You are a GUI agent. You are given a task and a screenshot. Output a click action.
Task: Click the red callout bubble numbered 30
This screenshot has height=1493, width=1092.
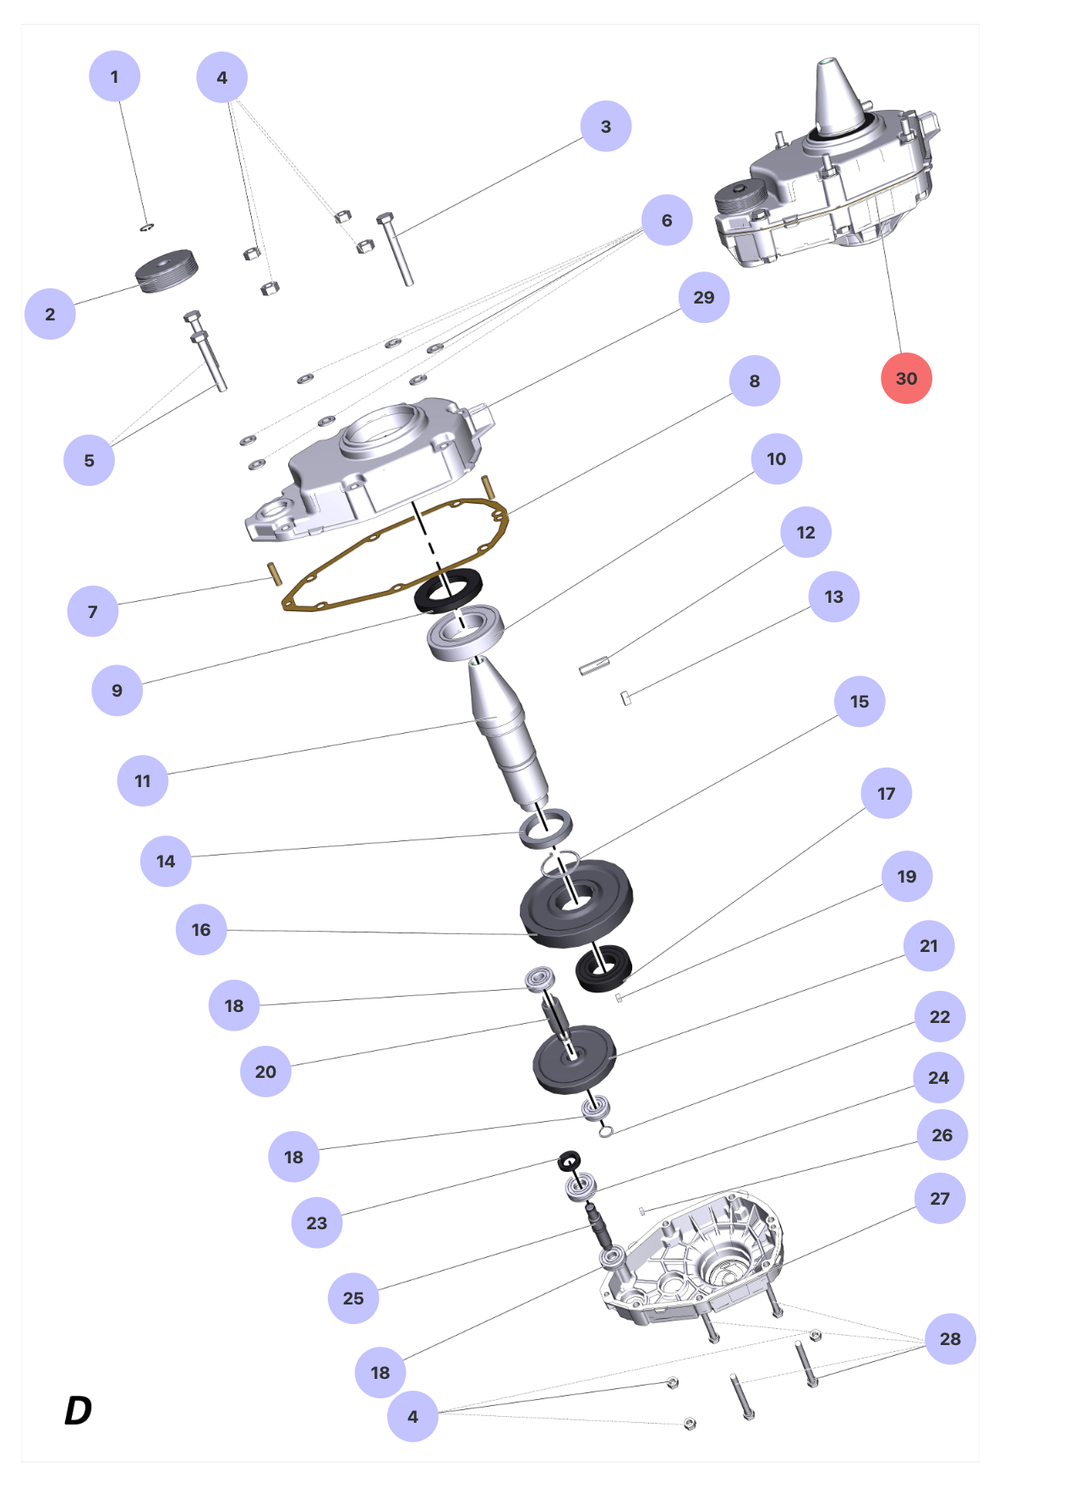906,379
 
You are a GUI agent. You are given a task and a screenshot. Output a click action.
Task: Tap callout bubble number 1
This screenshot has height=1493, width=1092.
114,77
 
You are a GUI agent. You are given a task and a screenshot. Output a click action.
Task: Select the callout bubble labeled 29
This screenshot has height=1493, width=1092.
703,298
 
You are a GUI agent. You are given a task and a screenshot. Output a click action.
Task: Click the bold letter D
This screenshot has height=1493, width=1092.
78,1410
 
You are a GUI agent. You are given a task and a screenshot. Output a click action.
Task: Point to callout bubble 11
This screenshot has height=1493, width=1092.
143,780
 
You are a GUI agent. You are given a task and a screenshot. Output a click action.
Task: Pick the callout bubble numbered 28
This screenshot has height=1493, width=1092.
950,1339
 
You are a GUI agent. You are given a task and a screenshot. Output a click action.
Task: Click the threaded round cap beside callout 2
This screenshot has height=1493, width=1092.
167,271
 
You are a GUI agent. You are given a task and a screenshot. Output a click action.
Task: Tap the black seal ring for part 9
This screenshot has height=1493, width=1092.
448,590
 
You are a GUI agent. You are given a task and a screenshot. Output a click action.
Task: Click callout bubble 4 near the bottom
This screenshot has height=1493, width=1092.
412,1416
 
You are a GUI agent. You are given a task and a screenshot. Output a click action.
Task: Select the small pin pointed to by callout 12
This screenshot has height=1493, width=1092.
593,666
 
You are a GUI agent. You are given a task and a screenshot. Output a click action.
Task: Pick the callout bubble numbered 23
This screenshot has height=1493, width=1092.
316,1222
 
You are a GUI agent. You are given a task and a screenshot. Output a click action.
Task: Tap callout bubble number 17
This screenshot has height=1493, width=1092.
886,794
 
